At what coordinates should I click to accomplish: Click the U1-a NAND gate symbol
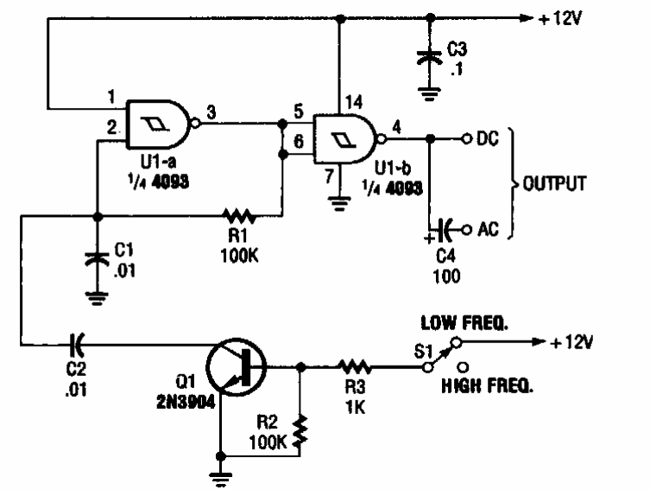[160, 124]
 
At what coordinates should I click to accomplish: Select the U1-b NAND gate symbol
[345, 137]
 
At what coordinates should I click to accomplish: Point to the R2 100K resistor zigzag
[301, 432]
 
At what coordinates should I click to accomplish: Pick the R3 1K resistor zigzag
[353, 367]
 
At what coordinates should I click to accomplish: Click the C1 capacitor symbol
[96, 257]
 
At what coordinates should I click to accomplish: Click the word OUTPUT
[553, 183]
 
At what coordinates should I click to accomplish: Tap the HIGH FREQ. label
[487, 387]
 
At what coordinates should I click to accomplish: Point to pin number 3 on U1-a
[211, 110]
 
